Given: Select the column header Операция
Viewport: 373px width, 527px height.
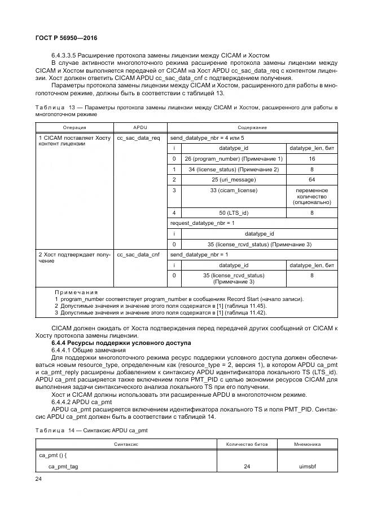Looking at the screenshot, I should [74, 127].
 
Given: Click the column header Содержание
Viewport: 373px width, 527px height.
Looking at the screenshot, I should [252, 127].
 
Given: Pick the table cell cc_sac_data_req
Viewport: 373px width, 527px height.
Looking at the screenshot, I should [138, 138].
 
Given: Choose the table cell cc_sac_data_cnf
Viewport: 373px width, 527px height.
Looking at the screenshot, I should [138, 255].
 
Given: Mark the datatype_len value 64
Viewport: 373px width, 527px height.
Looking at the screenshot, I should [311, 180].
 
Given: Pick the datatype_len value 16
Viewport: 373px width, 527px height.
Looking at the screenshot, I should [311, 159].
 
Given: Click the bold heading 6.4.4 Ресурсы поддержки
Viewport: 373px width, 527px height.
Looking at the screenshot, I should [121, 343].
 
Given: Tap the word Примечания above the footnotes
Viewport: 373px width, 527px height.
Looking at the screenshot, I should [76, 293].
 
